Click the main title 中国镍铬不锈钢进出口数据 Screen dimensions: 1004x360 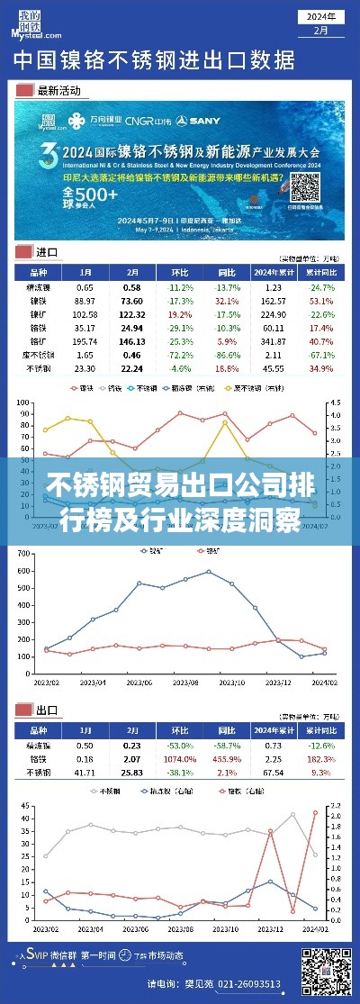click(x=153, y=61)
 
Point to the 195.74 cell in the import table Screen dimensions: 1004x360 click(x=85, y=342)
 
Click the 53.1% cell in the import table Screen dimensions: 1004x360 click(x=321, y=299)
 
